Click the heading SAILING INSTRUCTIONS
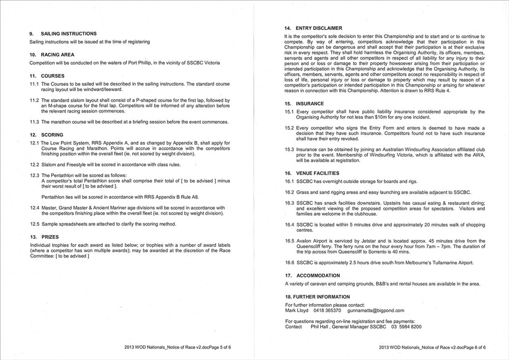(x=69, y=34)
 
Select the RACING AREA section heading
(x=58, y=55)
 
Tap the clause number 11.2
(x=34, y=100)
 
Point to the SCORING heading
(x=52, y=135)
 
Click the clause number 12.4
(x=34, y=208)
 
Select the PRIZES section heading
(x=50, y=237)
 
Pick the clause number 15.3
(x=289, y=150)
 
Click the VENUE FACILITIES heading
(x=318, y=173)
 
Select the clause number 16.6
(x=289, y=263)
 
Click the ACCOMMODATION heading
(x=318, y=276)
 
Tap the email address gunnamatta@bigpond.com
(x=375, y=311)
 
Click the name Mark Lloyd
(x=297, y=311)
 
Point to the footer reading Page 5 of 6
(x=217, y=348)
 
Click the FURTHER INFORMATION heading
(x=317, y=297)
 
